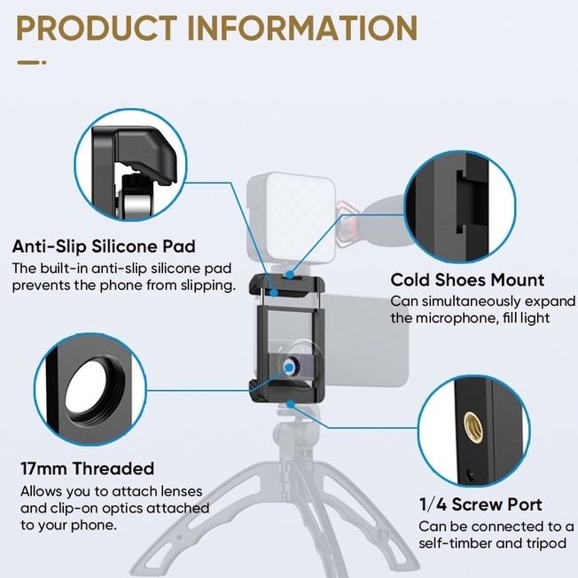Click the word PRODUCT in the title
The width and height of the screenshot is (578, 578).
(97, 27)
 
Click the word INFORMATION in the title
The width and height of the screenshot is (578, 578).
(302, 27)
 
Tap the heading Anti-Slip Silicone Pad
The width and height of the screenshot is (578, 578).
(104, 246)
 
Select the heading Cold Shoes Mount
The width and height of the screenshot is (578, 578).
(467, 280)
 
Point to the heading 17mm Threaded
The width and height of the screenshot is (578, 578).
(88, 469)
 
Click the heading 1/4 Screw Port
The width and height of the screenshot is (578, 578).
(480, 504)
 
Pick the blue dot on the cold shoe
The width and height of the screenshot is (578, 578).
(290, 275)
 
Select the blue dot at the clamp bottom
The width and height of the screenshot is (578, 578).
(291, 405)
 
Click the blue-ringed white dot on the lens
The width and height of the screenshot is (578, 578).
(290, 367)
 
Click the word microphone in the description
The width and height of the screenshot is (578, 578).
(452, 317)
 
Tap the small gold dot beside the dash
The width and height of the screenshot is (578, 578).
(43, 63)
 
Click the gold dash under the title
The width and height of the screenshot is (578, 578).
(28, 63)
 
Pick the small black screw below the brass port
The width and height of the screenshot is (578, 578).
(470, 475)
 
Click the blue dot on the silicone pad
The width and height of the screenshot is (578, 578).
(274, 293)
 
